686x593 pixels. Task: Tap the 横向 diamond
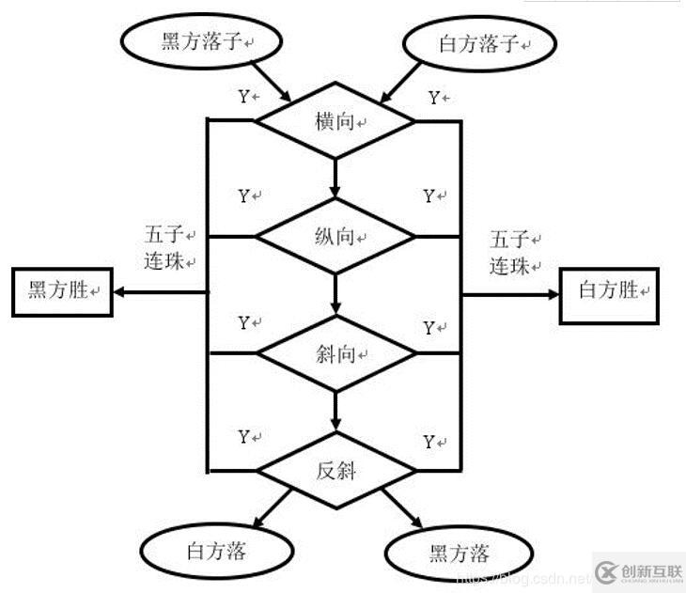335,122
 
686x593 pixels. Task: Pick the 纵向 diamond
335,236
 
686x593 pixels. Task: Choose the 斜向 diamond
335,354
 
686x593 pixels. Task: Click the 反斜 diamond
335,470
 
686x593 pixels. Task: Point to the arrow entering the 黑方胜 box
160,290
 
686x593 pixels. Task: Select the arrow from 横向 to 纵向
335,177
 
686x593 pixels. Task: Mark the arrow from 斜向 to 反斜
335,411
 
